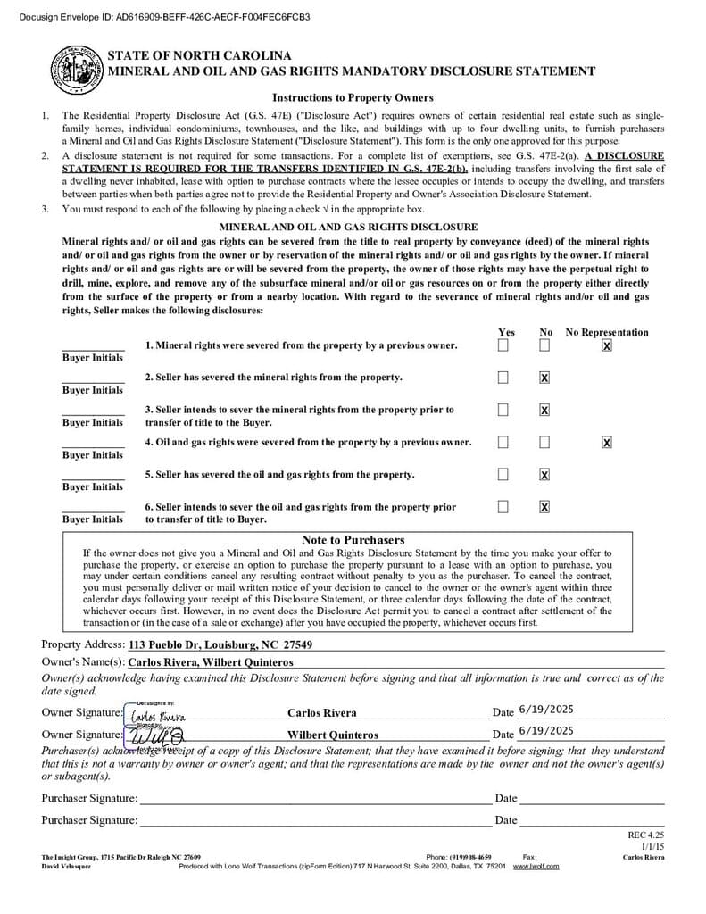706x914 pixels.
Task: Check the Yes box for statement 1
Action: pos(503,345)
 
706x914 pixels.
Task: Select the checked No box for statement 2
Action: pos(544,378)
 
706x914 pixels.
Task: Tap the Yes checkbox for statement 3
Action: pos(503,410)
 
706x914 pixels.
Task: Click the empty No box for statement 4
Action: pos(544,442)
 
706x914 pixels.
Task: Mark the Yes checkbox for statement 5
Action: pos(503,474)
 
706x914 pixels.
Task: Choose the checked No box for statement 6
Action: pos(544,507)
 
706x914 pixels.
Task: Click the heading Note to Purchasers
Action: pos(353,540)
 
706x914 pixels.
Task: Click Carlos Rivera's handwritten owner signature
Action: pos(157,716)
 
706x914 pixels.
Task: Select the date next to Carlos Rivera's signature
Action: pos(545,710)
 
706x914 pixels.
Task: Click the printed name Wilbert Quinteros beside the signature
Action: pos(332,735)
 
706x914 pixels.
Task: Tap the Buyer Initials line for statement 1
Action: pos(93,347)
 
